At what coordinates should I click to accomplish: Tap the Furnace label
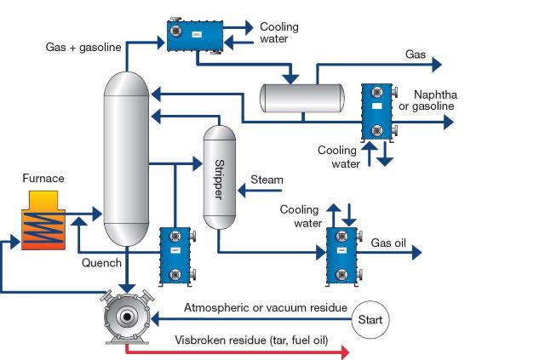(44, 179)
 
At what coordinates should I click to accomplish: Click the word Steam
(267, 180)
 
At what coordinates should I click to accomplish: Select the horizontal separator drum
(300, 98)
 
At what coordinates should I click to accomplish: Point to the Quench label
(101, 263)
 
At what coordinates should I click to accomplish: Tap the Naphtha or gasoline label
(434, 100)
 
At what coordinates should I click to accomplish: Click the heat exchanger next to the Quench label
(175, 256)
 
